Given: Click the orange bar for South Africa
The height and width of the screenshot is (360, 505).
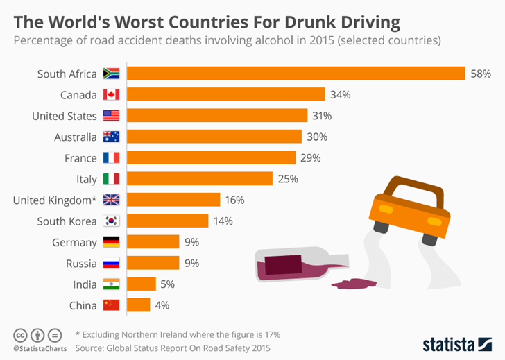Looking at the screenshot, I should [296, 74].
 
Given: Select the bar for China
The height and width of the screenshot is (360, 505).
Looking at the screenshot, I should [139, 305].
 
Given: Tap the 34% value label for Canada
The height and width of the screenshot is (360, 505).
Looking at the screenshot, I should [339, 94].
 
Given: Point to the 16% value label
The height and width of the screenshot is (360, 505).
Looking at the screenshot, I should [234, 200].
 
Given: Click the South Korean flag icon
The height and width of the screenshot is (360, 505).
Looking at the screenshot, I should [111, 221].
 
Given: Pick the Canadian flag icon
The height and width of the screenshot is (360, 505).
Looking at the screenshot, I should [111, 94].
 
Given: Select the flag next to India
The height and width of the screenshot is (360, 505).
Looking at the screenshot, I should [111, 284].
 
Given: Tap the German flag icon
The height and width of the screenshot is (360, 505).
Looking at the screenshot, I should [111, 242].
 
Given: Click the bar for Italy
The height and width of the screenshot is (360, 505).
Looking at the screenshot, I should [200, 179].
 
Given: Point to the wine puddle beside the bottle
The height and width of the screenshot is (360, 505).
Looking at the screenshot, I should [354, 283].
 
